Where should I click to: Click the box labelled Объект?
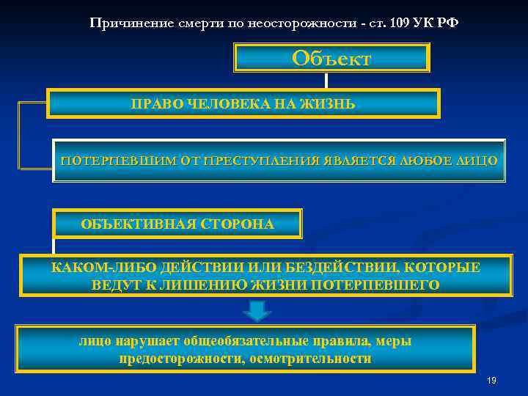click(331, 58)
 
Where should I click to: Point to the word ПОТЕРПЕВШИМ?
click(103, 160)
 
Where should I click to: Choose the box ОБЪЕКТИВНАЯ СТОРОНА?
click(177, 224)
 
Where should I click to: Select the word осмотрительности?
click(310, 359)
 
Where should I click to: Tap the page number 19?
click(491, 381)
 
